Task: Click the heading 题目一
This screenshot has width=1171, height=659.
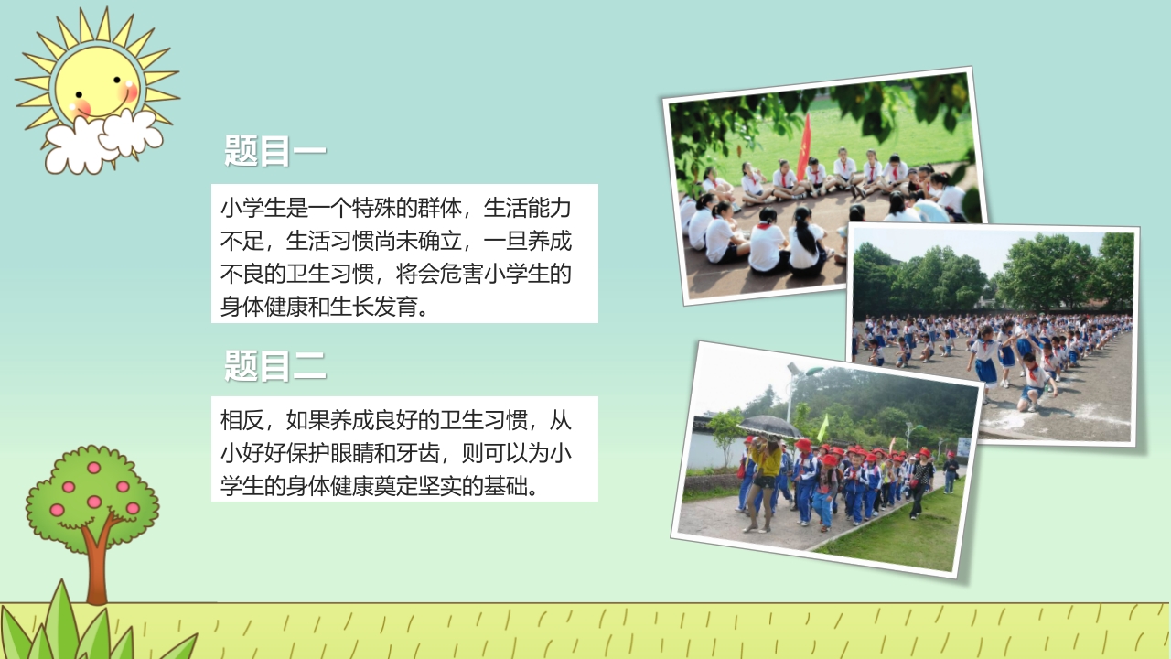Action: [x=275, y=151]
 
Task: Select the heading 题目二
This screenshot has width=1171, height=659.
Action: [x=275, y=366]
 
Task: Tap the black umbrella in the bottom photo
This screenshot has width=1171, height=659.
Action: [x=769, y=426]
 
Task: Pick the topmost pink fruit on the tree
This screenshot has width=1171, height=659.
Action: [x=93, y=468]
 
